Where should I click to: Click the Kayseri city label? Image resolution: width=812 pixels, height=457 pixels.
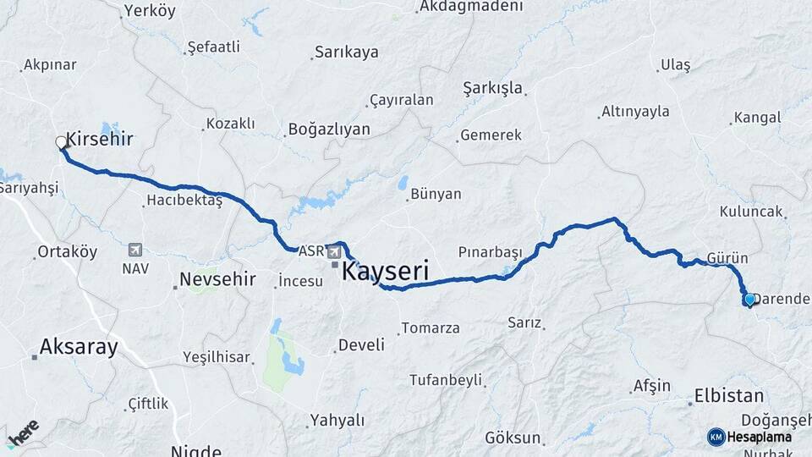click(x=385, y=272)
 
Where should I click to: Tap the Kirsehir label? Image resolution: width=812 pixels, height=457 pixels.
click(x=100, y=140)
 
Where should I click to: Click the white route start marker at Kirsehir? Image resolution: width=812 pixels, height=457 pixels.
click(x=62, y=142)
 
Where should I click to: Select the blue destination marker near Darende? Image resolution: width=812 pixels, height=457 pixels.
click(x=749, y=299)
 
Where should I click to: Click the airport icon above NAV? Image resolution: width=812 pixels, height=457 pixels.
click(x=134, y=250)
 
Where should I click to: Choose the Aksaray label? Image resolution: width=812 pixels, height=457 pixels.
click(x=79, y=346)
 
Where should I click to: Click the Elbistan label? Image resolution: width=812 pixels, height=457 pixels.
click(x=728, y=395)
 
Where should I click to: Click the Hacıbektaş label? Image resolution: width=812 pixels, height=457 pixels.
click(x=184, y=201)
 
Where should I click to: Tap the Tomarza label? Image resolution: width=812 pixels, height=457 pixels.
click(x=430, y=328)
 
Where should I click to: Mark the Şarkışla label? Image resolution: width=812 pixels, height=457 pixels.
click(x=493, y=88)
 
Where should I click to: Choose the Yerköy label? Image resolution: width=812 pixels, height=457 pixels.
click(x=149, y=11)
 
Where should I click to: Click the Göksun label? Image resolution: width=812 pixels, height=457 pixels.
click(x=513, y=438)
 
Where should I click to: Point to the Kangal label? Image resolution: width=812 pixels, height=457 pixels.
click(x=757, y=118)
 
